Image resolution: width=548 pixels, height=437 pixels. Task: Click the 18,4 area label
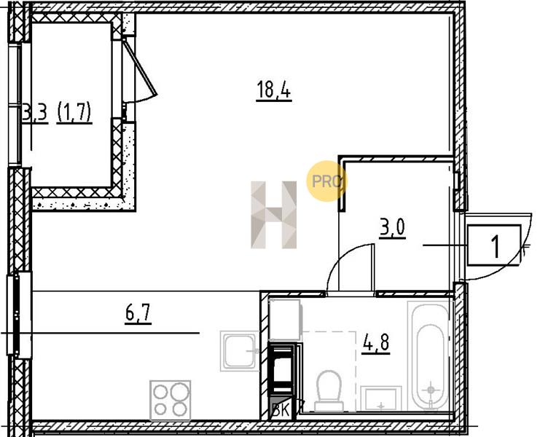[x=274, y=90]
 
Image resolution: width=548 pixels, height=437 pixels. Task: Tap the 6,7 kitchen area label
[x=138, y=313]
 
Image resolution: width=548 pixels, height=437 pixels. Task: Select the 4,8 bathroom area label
[x=377, y=342]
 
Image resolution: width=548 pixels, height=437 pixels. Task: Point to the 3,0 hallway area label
[x=392, y=228]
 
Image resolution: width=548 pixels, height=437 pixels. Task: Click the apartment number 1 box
[x=494, y=245]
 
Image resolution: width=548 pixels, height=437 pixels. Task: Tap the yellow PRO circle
[x=326, y=181]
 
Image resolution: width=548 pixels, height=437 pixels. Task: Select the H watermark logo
[x=274, y=215]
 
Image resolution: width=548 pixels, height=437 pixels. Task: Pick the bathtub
[x=429, y=355]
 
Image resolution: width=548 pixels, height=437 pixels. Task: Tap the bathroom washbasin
[x=381, y=398]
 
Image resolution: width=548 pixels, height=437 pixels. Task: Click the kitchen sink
[x=240, y=351]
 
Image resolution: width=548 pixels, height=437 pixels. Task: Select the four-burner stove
[x=171, y=401]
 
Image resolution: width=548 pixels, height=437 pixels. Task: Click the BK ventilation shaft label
[x=281, y=411]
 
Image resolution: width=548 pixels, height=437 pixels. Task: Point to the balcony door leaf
[x=139, y=68]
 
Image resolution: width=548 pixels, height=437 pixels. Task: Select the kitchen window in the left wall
[x=17, y=315]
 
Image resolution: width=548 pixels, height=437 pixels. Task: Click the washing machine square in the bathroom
[x=284, y=320]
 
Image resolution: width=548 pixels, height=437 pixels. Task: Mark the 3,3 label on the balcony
[x=35, y=114]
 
